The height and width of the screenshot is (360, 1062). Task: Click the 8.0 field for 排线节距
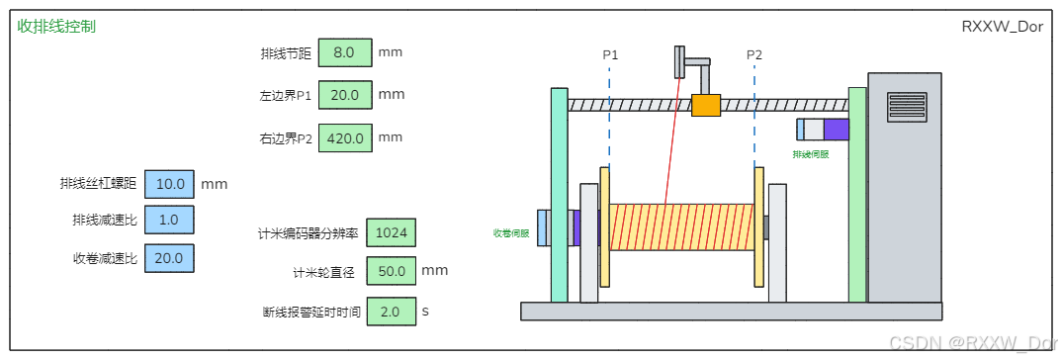point(345,52)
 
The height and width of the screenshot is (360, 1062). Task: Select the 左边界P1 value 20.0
point(345,95)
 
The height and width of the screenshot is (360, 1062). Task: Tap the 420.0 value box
point(345,138)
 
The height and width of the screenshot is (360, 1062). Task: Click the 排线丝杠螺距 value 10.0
point(169,184)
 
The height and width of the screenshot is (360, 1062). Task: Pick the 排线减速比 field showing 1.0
point(169,220)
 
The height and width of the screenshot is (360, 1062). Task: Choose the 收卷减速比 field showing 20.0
point(169,257)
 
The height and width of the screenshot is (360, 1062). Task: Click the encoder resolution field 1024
point(391,233)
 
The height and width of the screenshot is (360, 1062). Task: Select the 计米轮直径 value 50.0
point(391,271)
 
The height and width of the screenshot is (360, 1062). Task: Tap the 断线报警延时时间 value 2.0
point(391,312)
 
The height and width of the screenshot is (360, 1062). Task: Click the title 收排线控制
point(56,27)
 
